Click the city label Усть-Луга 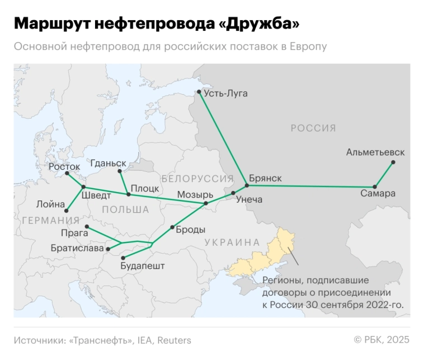(225, 93)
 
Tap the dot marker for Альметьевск (393, 162)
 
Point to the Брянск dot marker (247, 185)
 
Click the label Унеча (249, 199)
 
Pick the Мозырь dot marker (206, 203)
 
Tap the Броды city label (190, 230)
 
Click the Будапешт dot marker (124, 258)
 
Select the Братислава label (77, 247)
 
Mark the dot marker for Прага (87, 227)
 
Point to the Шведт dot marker (83, 187)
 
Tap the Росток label (64, 167)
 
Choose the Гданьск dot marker (119, 171)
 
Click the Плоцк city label (145, 188)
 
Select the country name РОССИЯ (313, 128)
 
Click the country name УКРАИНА (232, 242)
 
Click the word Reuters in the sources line (174, 340)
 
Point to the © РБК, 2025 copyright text (381, 340)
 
